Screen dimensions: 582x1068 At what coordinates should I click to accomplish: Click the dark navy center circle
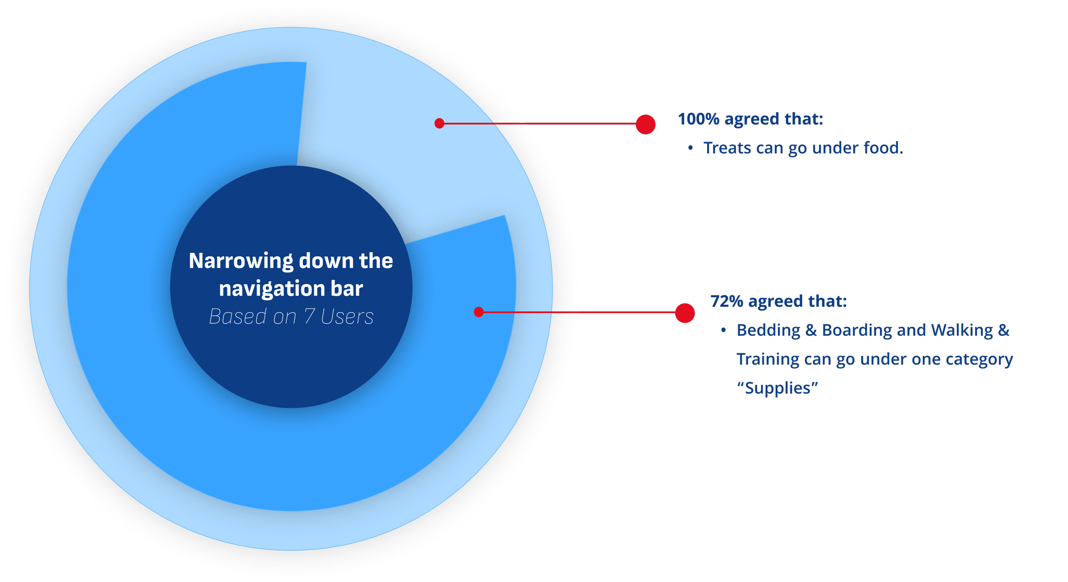click(291, 359)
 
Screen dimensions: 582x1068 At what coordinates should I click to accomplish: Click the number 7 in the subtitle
click(309, 317)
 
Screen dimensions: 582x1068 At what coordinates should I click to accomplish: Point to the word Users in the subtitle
click(347, 317)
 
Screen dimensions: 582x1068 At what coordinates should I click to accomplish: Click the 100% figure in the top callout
click(698, 119)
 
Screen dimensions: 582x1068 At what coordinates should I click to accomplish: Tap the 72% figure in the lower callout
click(727, 301)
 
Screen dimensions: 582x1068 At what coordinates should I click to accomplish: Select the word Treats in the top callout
click(728, 148)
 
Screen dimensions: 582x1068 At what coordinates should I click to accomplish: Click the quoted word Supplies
click(778, 388)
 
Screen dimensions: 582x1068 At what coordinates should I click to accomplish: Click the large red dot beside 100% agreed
click(645, 124)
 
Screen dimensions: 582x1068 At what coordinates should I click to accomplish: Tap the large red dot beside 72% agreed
click(685, 313)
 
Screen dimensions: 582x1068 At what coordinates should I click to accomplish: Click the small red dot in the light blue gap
click(439, 123)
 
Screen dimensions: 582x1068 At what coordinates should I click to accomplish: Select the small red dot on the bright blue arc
click(478, 312)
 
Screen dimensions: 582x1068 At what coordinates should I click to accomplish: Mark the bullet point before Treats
click(690, 148)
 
